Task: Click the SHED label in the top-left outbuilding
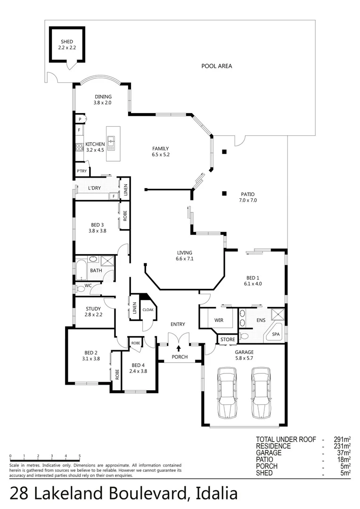pyautogui.click(x=67, y=42)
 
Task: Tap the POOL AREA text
pyautogui.click(x=217, y=66)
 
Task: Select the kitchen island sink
pyautogui.click(x=111, y=141)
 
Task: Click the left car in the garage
pyautogui.click(x=227, y=393)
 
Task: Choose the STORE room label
pyautogui.click(x=228, y=339)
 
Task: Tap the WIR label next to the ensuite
pyautogui.click(x=219, y=320)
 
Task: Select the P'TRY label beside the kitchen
pyautogui.click(x=82, y=171)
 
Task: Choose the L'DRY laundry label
pyautogui.click(x=94, y=189)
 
